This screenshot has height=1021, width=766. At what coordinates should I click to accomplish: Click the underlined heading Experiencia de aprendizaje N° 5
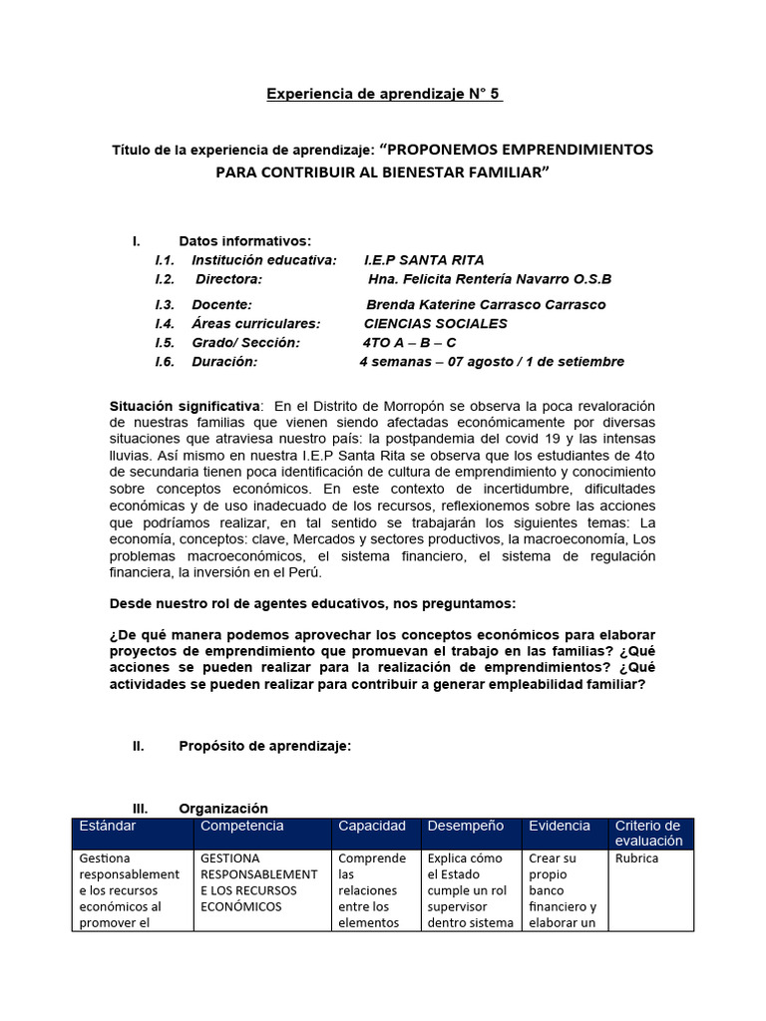pos(384,94)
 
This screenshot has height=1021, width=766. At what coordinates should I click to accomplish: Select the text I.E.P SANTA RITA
pos(425,259)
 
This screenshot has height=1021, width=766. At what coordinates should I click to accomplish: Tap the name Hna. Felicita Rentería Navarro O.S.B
pos(489,279)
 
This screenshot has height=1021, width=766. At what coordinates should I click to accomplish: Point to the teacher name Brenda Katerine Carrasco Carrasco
pos(486,304)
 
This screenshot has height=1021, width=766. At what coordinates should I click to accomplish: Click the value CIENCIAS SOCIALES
pos(435,323)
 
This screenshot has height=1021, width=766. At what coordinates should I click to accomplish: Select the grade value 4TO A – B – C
pos(409,343)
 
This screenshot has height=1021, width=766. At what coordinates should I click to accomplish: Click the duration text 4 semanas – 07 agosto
pos(444,362)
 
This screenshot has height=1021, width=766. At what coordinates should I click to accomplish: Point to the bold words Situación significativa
pos(185,405)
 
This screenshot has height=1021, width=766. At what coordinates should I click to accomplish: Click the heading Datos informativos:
pos(244,240)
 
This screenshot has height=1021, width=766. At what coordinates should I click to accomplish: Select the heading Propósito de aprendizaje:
pos(264,746)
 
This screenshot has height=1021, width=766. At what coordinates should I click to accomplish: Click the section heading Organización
pos(223,808)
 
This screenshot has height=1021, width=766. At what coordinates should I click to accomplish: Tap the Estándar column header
pos(107,826)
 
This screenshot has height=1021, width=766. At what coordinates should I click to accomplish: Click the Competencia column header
pos(241,826)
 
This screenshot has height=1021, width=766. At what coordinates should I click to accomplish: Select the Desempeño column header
pos(465,826)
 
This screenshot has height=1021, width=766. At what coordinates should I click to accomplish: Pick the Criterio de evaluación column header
pos(649,833)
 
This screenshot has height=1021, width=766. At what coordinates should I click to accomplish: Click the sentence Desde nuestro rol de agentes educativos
pos(311,603)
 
